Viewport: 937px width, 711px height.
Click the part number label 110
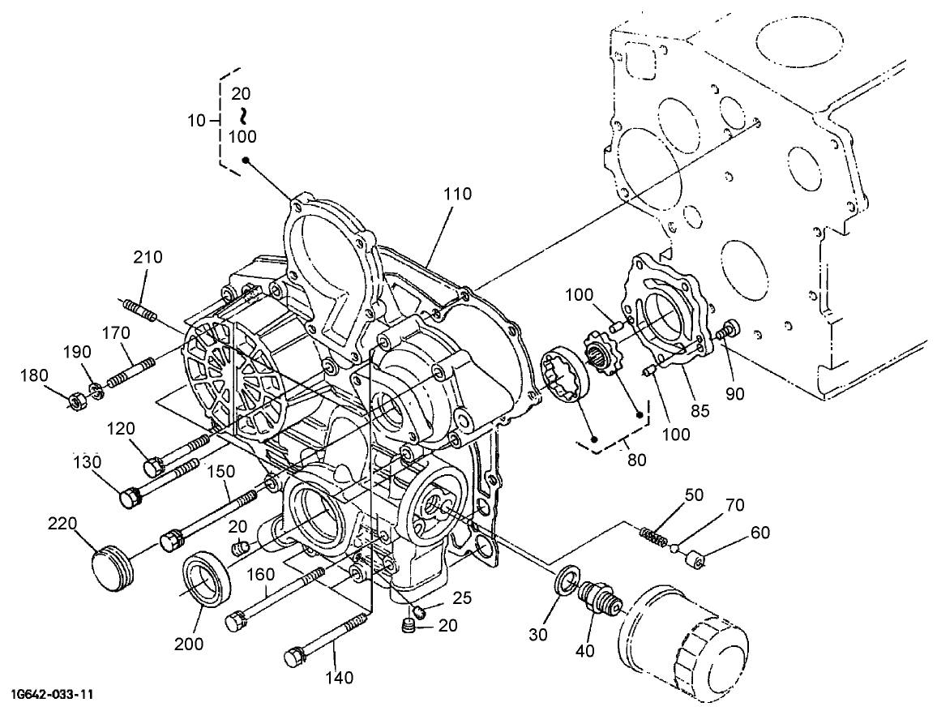pos(457,195)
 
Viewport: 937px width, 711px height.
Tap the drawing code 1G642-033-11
pos(53,696)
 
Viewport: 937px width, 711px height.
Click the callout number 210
pos(148,258)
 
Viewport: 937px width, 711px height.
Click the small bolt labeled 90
pos(730,329)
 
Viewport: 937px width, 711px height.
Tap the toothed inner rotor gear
pos(601,354)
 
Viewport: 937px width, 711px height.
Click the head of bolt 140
pos(294,655)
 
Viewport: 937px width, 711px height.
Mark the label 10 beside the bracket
pos(197,121)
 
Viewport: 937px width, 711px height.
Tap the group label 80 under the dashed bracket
pos(636,460)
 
